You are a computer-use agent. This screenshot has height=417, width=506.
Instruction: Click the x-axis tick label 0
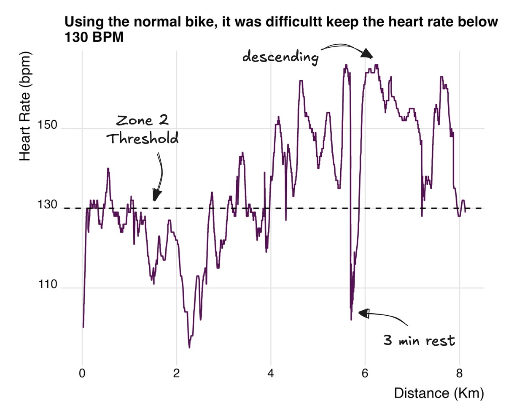click(x=82, y=374)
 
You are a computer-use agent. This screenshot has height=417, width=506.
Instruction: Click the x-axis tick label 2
click(x=177, y=374)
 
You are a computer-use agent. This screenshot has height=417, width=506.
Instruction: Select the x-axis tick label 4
click(x=271, y=374)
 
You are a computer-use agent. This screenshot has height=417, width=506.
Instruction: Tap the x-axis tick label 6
click(x=365, y=374)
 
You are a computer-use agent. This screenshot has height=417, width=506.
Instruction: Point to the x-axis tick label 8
click(x=460, y=374)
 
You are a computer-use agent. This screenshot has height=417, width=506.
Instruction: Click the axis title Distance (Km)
click(x=439, y=394)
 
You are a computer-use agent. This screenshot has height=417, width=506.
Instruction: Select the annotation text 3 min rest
click(x=419, y=340)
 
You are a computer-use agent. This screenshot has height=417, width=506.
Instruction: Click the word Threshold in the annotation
click(x=142, y=139)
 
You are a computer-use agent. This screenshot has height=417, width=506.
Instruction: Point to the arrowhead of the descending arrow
click(x=367, y=54)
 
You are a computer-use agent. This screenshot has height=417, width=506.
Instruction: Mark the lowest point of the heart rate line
click(x=189, y=347)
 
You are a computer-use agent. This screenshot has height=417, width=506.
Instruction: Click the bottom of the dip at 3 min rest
click(x=351, y=320)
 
